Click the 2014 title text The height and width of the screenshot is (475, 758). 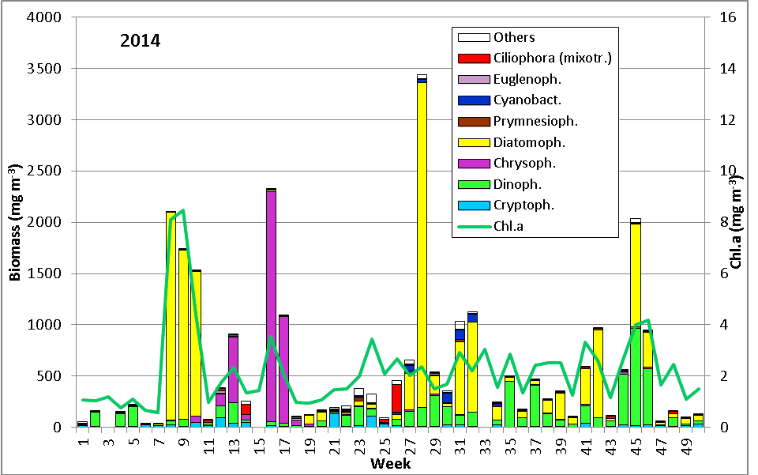click(x=141, y=40)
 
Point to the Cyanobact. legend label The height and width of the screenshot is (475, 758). click(x=527, y=100)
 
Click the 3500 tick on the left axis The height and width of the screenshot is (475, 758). click(x=47, y=69)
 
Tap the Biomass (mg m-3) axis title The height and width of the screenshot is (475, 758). click(x=15, y=223)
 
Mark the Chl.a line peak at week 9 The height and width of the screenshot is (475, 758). click(x=183, y=210)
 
